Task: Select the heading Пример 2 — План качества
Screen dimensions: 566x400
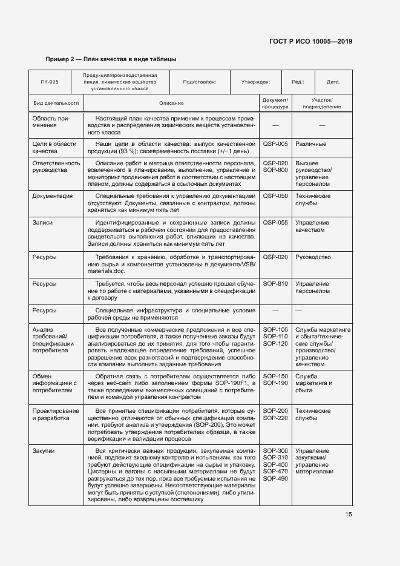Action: pyautogui.click(x=111, y=59)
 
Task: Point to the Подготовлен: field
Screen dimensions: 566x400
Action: pyautogui.click(x=199, y=81)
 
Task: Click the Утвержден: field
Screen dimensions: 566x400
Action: pyautogui.click(x=256, y=81)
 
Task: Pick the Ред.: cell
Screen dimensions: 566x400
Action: pyautogui.click(x=298, y=81)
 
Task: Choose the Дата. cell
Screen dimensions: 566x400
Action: pyautogui.click(x=333, y=81)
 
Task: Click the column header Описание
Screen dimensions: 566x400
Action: pyautogui.click(x=171, y=104)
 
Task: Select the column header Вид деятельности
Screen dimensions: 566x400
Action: pyautogui.click(x=56, y=104)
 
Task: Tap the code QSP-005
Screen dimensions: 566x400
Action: pyautogui.click(x=275, y=144)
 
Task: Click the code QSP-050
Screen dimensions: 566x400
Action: pyautogui.click(x=275, y=196)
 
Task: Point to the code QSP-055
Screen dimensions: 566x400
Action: pyautogui.click(x=275, y=223)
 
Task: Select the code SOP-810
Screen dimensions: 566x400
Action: pyautogui.click(x=275, y=283)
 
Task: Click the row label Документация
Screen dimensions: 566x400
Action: pyautogui.click(x=53, y=196)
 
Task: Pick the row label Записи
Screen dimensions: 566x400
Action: pyautogui.click(x=42, y=223)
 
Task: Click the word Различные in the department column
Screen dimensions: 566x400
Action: pyautogui.click(x=311, y=144)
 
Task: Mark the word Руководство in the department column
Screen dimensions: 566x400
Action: pyautogui.click(x=313, y=257)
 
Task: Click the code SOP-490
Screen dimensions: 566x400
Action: pyautogui.click(x=275, y=479)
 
